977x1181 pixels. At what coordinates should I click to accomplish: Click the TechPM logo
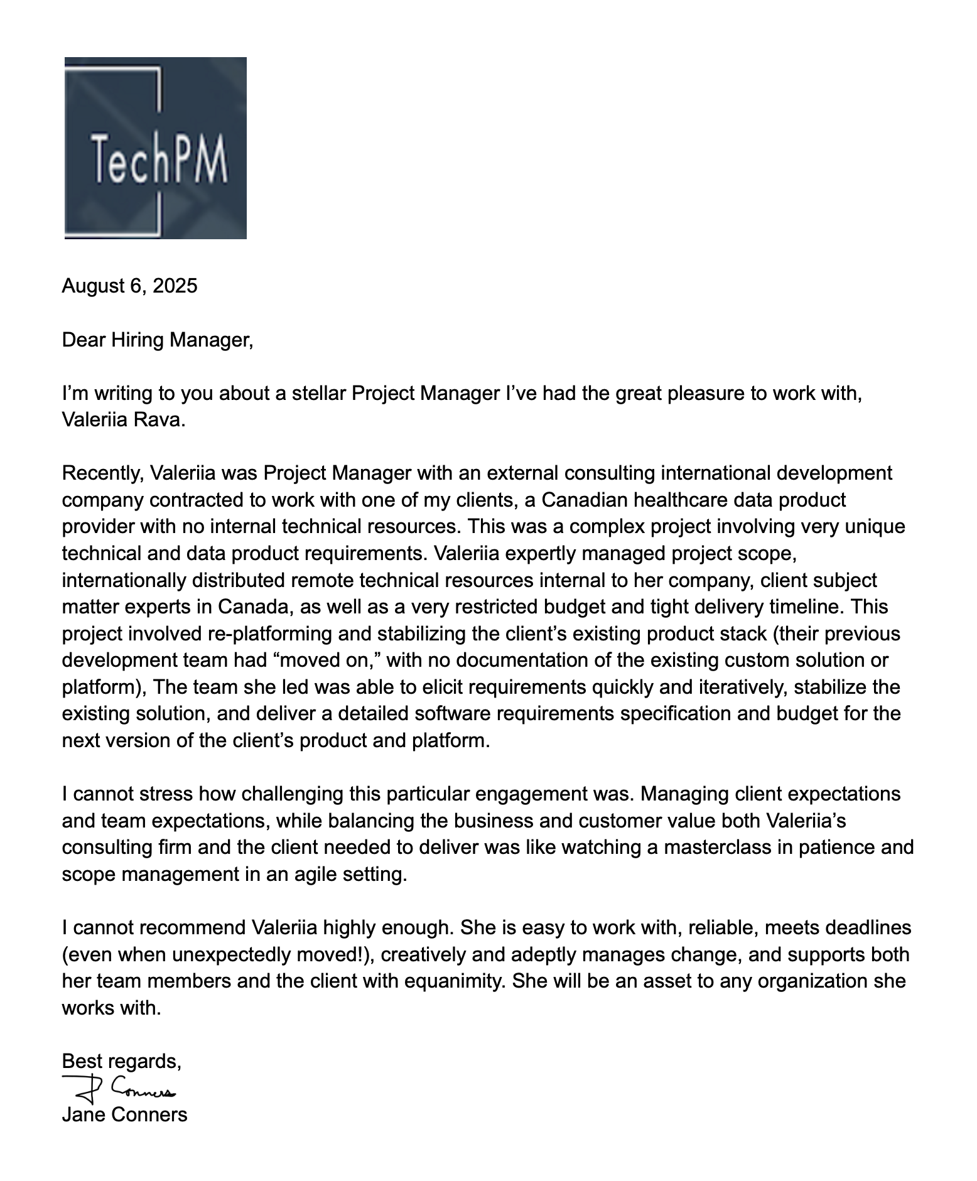tap(155, 148)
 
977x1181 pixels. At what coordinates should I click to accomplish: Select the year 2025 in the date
tap(175, 286)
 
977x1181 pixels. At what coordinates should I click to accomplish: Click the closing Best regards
tap(121, 1061)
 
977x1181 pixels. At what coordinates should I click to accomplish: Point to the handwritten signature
tap(119, 1089)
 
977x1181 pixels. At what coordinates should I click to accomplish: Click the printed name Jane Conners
tap(124, 1114)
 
